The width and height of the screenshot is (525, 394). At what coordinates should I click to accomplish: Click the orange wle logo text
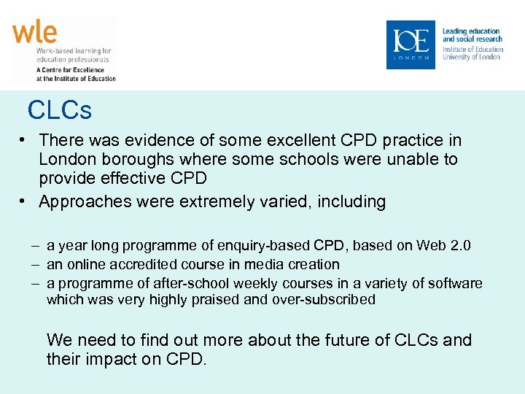(x=34, y=33)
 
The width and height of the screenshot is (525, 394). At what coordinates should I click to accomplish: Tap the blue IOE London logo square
(x=411, y=45)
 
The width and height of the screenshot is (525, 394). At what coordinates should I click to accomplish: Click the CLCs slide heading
(x=60, y=110)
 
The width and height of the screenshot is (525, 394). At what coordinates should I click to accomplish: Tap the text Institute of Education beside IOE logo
(x=473, y=50)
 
